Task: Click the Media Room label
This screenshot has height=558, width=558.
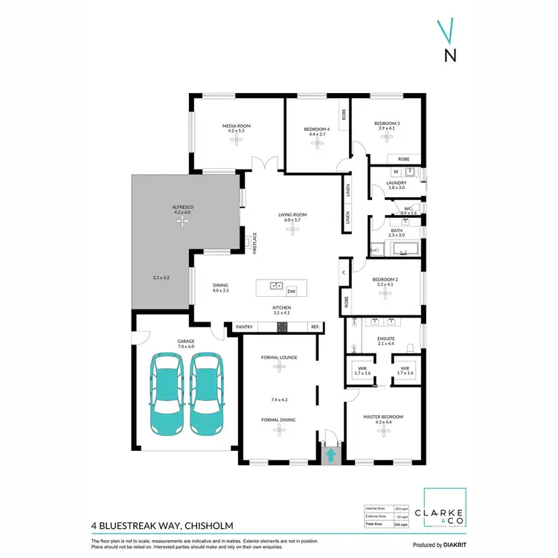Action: point(236,126)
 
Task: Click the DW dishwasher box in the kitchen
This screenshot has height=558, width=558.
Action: point(292,291)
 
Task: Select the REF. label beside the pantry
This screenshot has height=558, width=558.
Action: point(315,327)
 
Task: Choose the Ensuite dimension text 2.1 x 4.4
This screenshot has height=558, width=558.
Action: point(385,343)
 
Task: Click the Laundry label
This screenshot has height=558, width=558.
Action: point(396,182)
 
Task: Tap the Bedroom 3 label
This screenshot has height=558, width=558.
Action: point(387,124)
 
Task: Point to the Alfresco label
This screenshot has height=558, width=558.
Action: point(182,206)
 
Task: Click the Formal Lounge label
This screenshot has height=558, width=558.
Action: point(279,357)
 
